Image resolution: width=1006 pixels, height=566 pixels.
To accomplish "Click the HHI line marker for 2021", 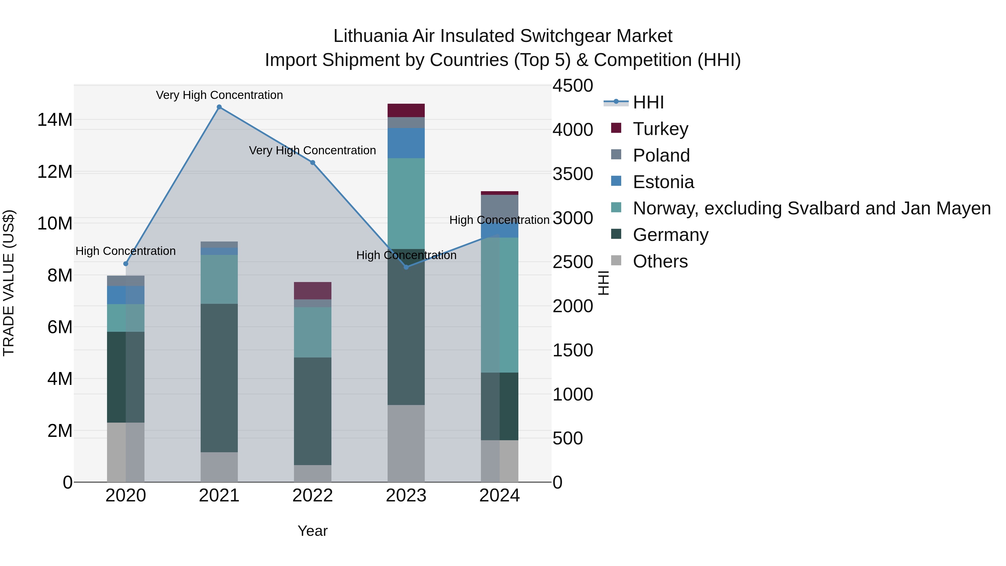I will [219, 107].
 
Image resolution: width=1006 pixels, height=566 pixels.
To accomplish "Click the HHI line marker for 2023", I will [406, 267].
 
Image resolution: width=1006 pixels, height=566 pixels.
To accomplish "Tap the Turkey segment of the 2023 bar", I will [406, 110].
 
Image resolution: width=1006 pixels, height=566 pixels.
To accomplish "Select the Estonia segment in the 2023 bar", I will [406, 143].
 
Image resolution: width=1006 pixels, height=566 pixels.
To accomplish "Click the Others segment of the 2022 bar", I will [312, 473].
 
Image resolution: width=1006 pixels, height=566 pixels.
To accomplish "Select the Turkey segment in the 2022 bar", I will [312, 291].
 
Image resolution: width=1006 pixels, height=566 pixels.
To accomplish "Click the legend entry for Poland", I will [661, 155].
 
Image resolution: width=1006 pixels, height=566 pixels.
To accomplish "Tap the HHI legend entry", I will [648, 102].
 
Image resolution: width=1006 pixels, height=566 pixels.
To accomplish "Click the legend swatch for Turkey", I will [616, 128].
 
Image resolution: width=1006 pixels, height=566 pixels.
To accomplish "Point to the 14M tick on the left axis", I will [55, 120].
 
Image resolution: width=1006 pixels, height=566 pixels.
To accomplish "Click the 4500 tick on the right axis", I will [573, 86].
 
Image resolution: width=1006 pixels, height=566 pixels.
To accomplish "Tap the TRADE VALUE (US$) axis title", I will [9, 283].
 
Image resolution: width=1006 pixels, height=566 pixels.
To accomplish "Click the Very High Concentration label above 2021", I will [219, 95].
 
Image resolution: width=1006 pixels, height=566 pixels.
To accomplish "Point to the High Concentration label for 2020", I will [125, 251].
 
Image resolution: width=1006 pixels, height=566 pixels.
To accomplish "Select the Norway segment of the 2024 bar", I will [499, 305].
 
